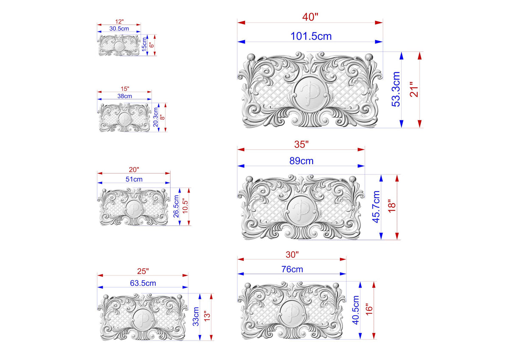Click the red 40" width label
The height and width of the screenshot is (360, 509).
[x=310, y=17]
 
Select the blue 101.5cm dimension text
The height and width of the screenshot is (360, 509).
[x=311, y=36]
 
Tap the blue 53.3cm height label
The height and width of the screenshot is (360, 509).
[x=396, y=89]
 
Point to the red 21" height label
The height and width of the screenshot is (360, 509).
[x=414, y=89]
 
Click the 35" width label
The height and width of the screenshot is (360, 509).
[x=302, y=144]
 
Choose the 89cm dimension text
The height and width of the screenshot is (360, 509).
[x=301, y=161]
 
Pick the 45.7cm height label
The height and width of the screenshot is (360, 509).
[x=376, y=207]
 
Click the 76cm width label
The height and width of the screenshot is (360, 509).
[x=292, y=269]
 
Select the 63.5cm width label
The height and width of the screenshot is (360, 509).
[x=143, y=283]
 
